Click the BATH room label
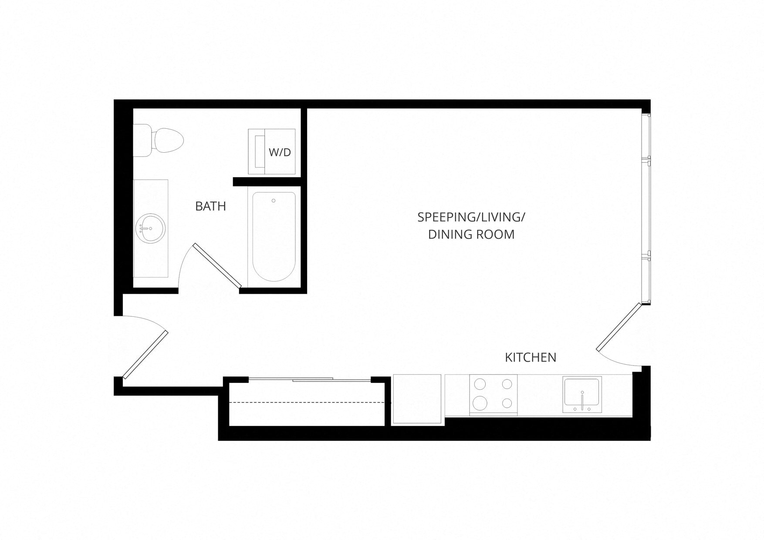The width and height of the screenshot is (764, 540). tap(210, 206)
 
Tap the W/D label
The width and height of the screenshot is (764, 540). tap(280, 152)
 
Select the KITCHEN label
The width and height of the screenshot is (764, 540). tap(530, 357)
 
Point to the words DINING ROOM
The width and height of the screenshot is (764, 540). tap(471, 235)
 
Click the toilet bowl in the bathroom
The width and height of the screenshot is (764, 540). tap(168, 141)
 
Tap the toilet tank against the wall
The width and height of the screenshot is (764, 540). tap(142, 140)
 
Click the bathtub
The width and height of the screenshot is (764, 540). tap(274, 237)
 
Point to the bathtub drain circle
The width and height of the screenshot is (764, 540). tap(274, 201)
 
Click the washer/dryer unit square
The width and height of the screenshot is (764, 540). tap(272, 151)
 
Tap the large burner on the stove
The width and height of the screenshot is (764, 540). tap(480, 402)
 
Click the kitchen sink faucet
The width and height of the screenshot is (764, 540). tap(582, 400)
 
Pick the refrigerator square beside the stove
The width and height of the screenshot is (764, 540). tap(417, 399)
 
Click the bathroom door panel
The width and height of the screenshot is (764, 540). tap(217, 265)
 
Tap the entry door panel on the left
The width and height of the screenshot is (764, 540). tap(145, 355)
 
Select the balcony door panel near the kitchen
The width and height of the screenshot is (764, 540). tap(619, 326)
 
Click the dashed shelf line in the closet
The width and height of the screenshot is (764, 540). tap(307, 402)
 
